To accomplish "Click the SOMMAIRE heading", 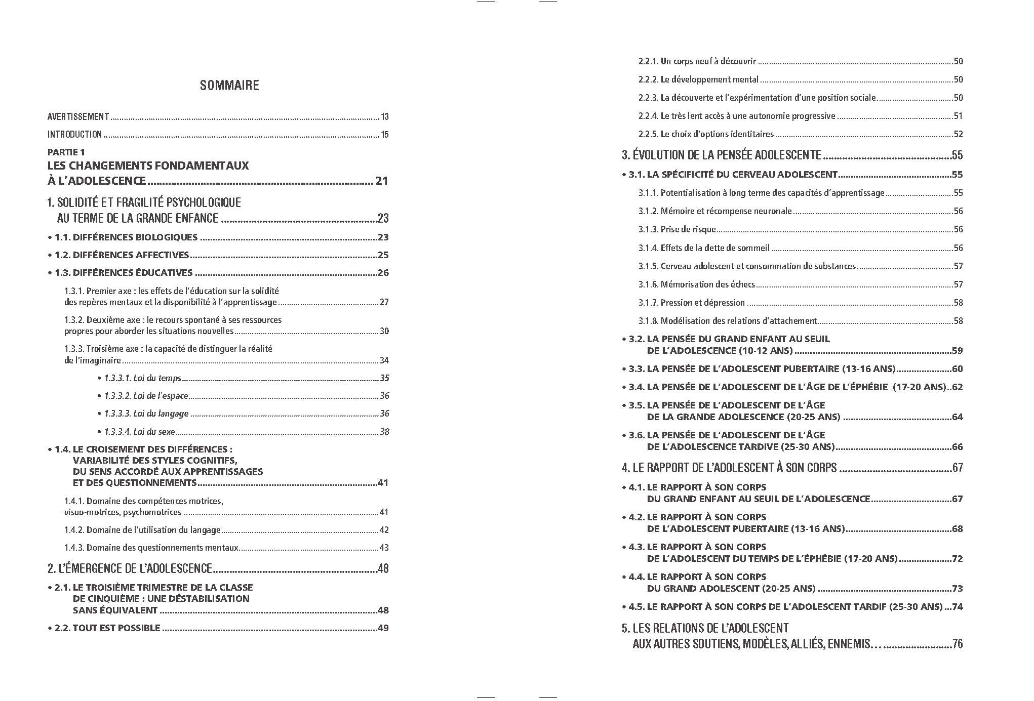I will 229,85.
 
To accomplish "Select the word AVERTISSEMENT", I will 78,117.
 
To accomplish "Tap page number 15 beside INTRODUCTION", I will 385,135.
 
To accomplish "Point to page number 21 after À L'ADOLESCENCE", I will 382,181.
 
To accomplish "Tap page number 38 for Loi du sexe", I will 384,432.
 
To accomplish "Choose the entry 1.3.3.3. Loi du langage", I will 146,414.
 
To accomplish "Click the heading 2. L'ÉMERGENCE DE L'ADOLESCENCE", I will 130,568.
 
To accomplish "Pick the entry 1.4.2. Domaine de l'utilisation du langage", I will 142,530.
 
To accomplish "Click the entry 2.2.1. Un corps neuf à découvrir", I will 697,61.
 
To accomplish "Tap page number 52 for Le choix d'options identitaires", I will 958,134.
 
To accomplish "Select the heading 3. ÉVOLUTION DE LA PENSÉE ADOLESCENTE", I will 721,155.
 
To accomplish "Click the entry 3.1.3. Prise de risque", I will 677,229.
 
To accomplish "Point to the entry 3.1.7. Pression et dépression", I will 691,303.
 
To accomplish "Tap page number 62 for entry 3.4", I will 957,387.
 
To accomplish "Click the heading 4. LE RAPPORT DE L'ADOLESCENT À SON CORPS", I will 729,468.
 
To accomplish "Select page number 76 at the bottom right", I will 957,644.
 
